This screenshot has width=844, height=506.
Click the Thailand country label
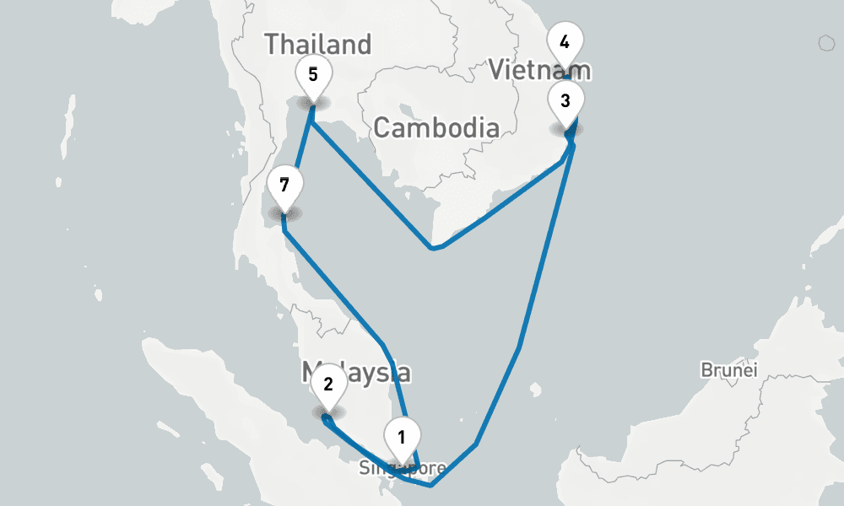pyautogui.click(x=317, y=44)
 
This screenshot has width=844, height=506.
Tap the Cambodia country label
pyautogui.click(x=436, y=128)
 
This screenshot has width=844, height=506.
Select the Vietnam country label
pyautogui.click(x=540, y=70)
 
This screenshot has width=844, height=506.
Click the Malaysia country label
pyautogui.click(x=356, y=372)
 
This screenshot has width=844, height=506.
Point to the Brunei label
pyautogui.click(x=729, y=370)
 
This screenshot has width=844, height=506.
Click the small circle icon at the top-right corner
pyautogui.click(x=826, y=43)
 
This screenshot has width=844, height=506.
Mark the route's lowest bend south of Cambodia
pyautogui.click(x=433, y=249)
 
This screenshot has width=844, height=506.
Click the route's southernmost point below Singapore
pyautogui.click(x=430, y=486)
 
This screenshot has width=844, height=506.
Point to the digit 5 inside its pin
pyautogui.click(x=313, y=73)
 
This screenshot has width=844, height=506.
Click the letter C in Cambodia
pyautogui.click(x=381, y=128)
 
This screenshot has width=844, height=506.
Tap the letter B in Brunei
pyautogui.click(x=706, y=370)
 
